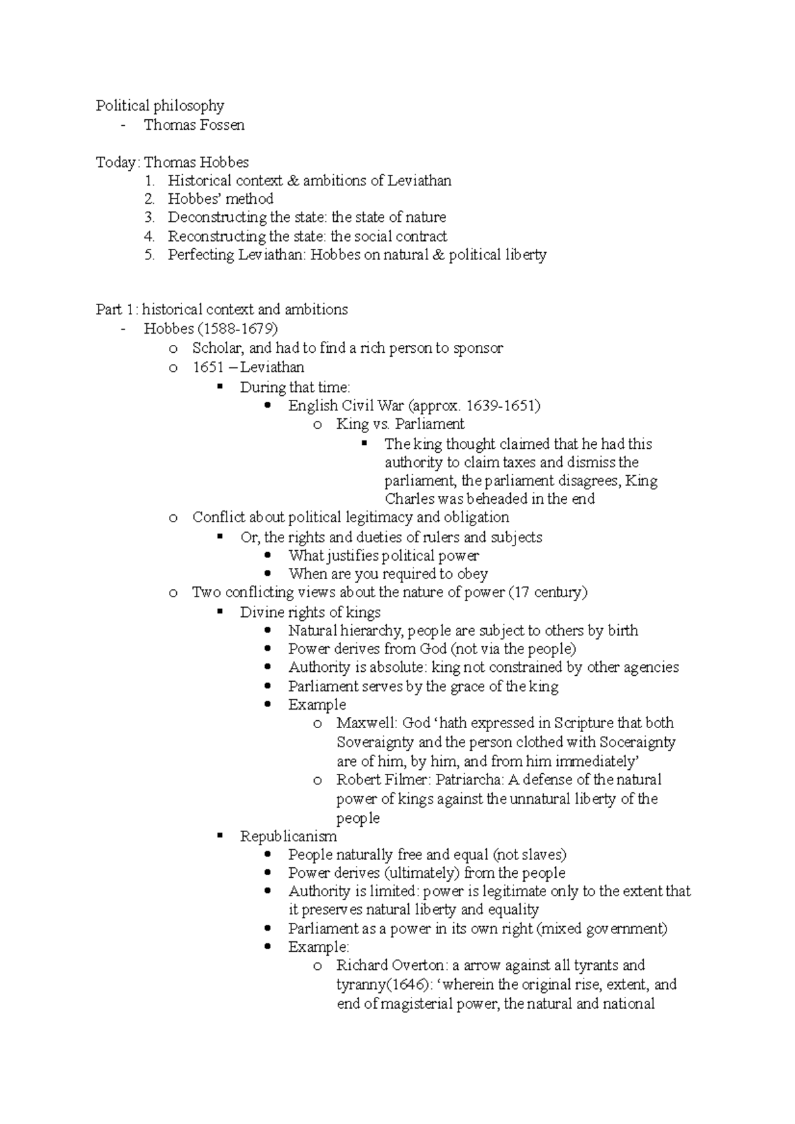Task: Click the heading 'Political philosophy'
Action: [x=160, y=106]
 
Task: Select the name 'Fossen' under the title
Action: [x=221, y=125]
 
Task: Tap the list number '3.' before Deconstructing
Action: [x=150, y=217]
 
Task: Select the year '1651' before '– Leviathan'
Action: [x=207, y=367]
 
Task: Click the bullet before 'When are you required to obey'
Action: [x=268, y=574]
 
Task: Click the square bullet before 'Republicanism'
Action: [x=220, y=836]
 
